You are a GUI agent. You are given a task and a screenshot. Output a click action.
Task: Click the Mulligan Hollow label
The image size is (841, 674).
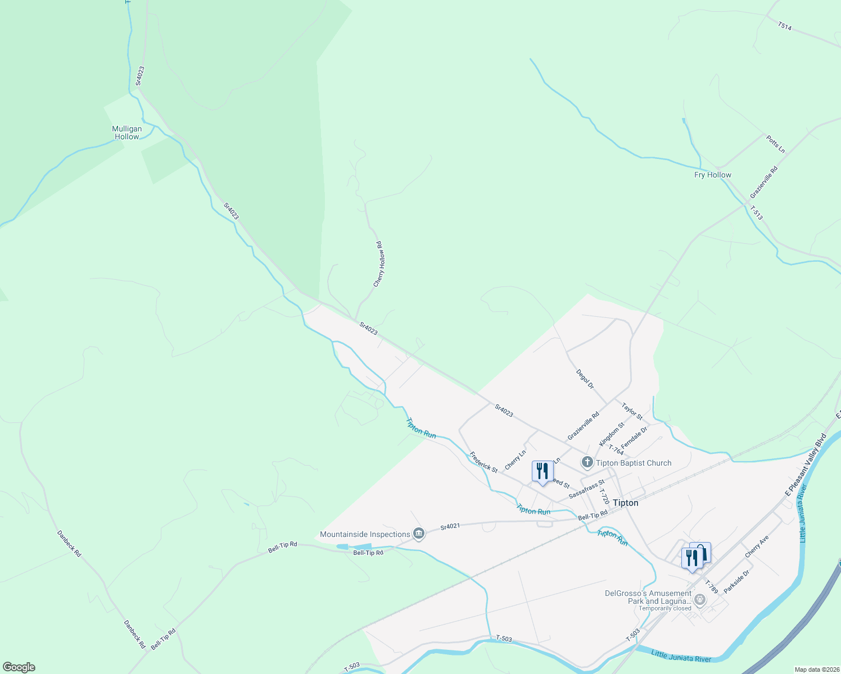click(127, 133)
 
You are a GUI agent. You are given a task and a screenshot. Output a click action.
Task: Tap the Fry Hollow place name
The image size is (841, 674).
click(712, 175)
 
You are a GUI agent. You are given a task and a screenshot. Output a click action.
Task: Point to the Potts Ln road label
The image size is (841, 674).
click(775, 144)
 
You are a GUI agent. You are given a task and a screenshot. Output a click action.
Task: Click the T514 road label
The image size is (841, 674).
click(785, 26)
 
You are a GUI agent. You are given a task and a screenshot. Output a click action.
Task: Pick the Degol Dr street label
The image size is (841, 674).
click(585, 379)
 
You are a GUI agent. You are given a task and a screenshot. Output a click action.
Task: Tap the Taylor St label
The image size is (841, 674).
click(632, 411)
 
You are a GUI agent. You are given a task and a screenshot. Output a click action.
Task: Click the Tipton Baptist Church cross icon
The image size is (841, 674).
click(587, 462)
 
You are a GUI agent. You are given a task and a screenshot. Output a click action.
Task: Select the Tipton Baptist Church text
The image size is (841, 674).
click(634, 463)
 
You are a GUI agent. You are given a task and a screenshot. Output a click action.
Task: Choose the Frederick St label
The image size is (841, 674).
click(483, 462)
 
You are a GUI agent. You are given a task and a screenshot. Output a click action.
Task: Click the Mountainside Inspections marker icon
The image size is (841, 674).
click(418, 534)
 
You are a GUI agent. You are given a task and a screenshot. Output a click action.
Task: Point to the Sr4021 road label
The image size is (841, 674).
click(450, 527)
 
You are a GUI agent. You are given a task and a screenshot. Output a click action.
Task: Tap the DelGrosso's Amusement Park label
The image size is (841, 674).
click(648, 597)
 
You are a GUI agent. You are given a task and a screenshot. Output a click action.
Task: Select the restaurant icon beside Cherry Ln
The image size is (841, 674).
click(542, 471)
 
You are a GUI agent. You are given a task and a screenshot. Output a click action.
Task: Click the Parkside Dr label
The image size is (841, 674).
click(736, 582)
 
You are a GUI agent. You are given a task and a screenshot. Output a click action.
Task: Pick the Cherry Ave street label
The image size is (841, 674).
click(757, 547)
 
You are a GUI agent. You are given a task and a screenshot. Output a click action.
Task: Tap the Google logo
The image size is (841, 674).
click(19, 667)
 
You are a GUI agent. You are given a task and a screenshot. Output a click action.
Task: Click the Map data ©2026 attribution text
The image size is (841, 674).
click(816, 670)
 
